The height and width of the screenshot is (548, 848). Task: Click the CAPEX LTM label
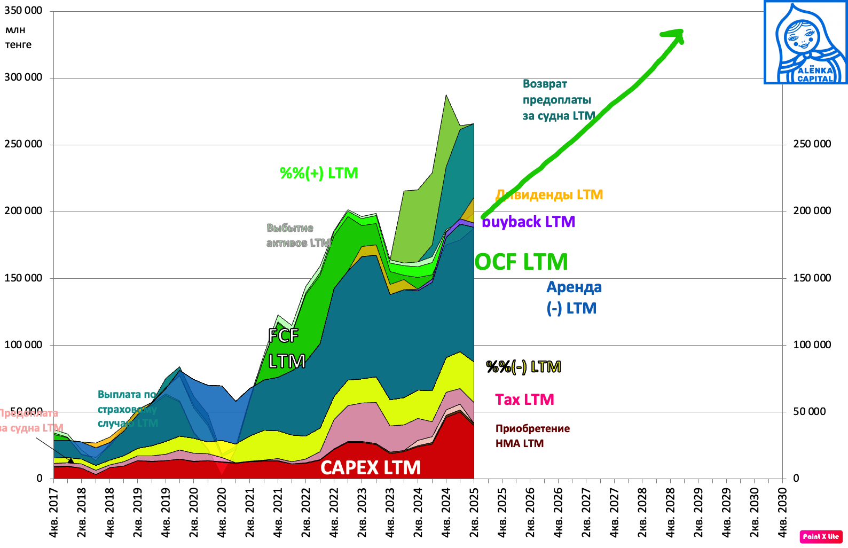370,468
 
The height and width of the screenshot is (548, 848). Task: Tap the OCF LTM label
521,262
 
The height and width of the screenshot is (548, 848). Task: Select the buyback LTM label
528,222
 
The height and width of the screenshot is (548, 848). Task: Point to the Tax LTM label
524,400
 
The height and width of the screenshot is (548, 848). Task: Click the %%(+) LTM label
319,173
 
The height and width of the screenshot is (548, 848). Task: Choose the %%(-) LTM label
523,367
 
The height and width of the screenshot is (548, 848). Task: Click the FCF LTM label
286,348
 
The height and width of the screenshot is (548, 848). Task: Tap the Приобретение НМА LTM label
532,436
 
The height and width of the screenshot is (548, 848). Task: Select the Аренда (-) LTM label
574,298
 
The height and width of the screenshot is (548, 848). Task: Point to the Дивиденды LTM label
549,195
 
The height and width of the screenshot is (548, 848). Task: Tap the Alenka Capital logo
805,42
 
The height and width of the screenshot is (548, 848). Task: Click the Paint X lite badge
821,536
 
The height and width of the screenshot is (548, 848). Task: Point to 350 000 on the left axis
23,11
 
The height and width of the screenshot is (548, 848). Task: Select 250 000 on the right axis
812,144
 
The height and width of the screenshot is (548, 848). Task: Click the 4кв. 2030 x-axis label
782,513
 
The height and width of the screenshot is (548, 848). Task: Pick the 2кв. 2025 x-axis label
474,513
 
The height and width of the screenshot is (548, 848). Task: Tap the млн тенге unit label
18,37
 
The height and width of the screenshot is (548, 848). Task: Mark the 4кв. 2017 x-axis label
53,513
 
